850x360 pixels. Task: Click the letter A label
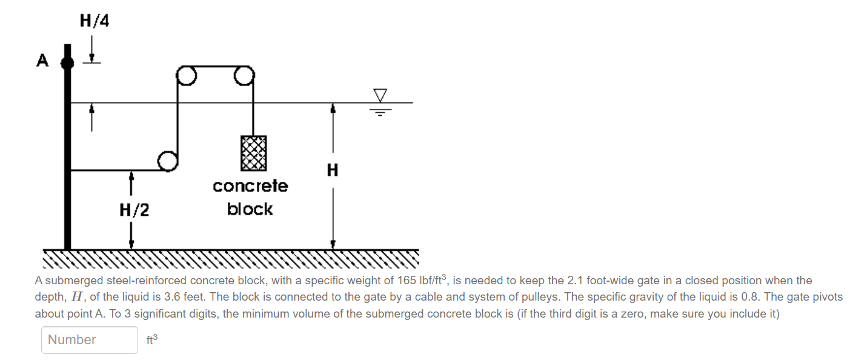(42, 61)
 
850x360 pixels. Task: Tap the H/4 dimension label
(95, 21)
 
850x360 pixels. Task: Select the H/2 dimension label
(134, 210)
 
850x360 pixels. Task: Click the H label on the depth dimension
(332, 170)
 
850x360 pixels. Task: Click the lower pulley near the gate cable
(167, 161)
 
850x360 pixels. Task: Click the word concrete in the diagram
(250, 186)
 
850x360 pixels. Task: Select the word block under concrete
(250, 209)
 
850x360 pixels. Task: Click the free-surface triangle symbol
(380, 95)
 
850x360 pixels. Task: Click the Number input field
(90, 340)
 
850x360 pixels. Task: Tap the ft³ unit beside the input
(151, 340)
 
